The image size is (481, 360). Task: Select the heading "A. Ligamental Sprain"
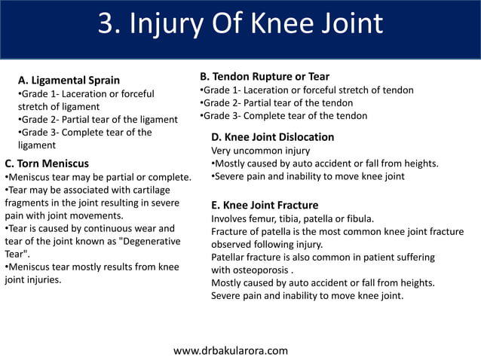69,80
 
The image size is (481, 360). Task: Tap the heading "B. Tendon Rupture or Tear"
264,76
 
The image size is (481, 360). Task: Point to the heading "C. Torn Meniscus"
47,163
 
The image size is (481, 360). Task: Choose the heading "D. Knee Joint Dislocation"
272,137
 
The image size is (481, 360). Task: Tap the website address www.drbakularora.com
231,350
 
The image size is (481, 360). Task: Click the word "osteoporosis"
262,270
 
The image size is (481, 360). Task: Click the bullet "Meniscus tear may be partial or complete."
98,177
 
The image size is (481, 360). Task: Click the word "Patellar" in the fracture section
231,257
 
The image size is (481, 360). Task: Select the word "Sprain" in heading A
102,80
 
